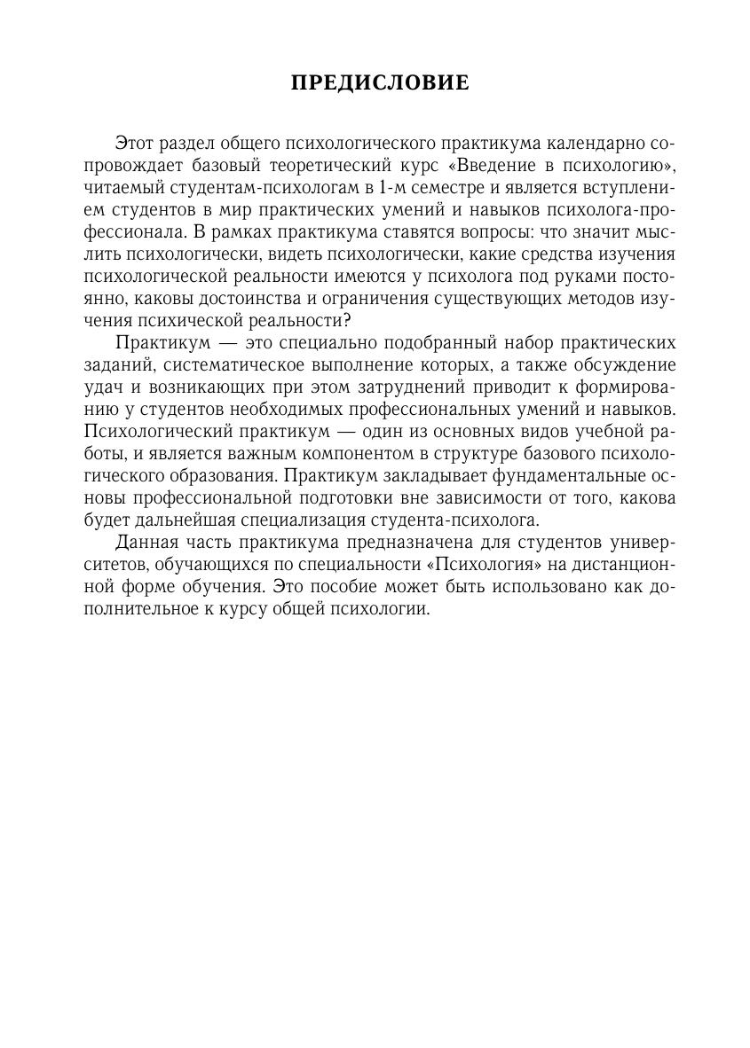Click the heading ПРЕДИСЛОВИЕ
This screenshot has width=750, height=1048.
380,84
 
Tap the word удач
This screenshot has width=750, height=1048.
99,387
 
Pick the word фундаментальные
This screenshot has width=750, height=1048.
556,475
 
